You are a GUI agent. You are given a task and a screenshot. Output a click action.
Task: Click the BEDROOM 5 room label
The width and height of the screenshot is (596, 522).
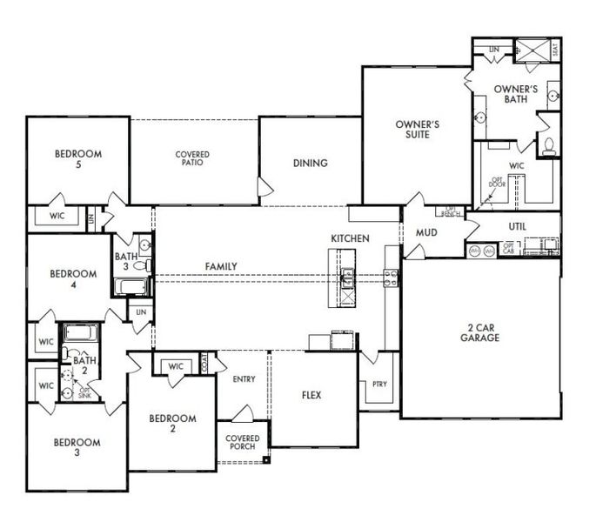tap(77, 160)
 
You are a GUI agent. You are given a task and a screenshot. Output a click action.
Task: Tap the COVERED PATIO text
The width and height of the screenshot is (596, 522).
tap(191, 158)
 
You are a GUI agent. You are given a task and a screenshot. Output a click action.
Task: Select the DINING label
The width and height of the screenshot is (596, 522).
tap(310, 163)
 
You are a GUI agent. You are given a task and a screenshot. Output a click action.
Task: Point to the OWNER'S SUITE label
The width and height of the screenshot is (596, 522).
tap(418, 130)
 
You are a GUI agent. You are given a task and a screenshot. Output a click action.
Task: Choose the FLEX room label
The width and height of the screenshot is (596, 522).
tap(311, 395)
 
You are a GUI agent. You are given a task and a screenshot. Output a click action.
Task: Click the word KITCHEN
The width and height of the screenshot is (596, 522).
tap(350, 238)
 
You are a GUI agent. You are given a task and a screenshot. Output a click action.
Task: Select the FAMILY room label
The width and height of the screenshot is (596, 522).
tap(222, 266)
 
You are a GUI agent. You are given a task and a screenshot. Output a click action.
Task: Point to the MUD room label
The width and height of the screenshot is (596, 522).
tap(425, 233)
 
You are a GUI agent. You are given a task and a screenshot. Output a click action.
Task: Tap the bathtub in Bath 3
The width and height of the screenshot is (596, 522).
tap(131, 286)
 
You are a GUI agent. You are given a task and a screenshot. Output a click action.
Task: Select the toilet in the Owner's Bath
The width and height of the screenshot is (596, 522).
tap(549, 145)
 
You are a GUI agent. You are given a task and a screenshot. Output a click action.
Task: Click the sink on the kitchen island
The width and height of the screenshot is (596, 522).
tap(347, 278)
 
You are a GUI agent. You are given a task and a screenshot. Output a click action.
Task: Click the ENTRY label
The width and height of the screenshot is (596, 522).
tap(244, 379)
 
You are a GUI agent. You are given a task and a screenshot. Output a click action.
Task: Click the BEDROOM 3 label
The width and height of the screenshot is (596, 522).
tap(77, 447)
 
